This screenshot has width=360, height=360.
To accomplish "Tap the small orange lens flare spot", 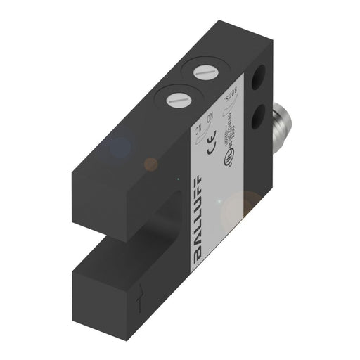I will pos(151,164).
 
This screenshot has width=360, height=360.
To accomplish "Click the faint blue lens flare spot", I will pos(120,148).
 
